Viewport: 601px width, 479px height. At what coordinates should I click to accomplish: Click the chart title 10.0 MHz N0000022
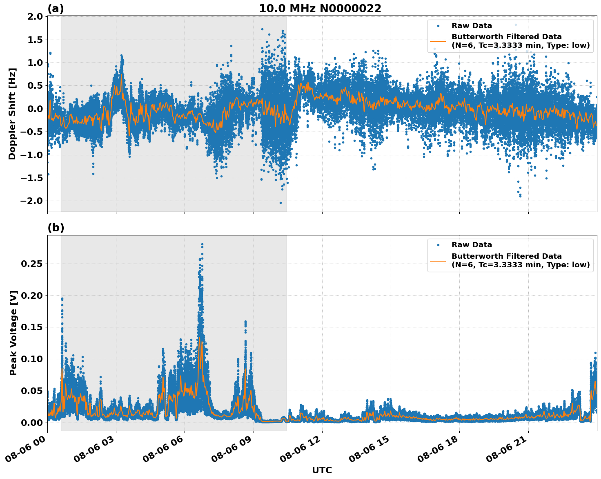click(x=320, y=9)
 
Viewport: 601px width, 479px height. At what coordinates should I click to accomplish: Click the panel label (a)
click(x=56, y=9)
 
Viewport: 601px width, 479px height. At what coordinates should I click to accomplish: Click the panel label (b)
click(x=56, y=228)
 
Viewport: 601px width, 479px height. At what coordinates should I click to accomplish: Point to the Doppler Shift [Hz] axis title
click(x=12, y=114)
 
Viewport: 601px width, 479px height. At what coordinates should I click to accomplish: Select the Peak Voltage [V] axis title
click(x=13, y=333)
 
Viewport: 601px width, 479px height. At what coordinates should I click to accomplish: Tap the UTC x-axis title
click(x=322, y=470)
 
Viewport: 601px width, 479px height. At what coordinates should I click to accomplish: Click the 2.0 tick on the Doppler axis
click(x=34, y=17)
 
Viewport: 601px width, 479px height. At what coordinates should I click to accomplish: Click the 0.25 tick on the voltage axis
click(x=32, y=264)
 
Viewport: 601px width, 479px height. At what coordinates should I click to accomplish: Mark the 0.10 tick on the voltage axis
click(x=32, y=359)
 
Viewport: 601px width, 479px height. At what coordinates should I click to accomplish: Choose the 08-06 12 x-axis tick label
click(x=301, y=450)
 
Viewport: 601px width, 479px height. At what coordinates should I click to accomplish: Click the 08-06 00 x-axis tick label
click(x=27, y=450)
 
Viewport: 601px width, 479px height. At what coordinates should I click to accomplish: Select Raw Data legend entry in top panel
click(x=472, y=26)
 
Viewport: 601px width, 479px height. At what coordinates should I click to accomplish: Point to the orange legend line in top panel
click(x=438, y=41)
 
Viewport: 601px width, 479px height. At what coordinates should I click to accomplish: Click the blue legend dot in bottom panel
click(x=438, y=245)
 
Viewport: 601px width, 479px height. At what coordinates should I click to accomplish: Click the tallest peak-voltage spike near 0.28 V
click(x=202, y=244)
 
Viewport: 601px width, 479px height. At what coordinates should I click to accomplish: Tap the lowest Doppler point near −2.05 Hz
click(x=280, y=203)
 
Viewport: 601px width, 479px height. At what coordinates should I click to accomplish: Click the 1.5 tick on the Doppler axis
click(x=34, y=40)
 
